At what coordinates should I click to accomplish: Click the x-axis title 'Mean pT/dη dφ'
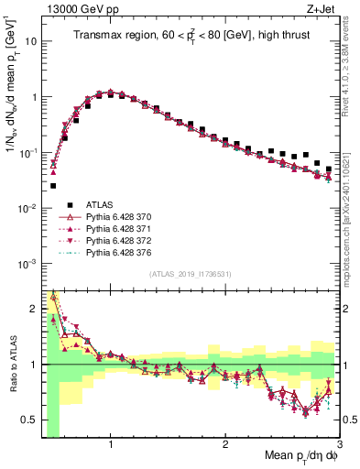pyautogui.click(x=292, y=456)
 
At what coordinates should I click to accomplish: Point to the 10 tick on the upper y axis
pyautogui.click(x=32, y=41)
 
